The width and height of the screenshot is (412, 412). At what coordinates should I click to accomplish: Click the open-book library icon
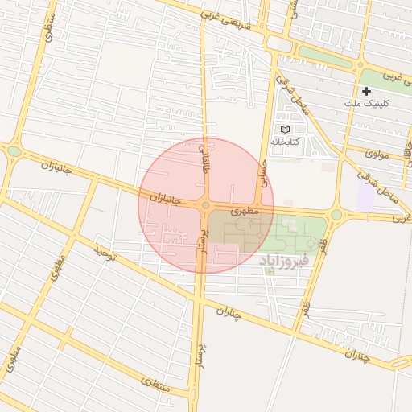click(284, 129)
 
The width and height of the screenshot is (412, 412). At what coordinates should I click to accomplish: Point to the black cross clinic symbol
click(366, 92)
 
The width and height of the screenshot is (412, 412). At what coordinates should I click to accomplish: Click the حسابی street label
click(261, 170)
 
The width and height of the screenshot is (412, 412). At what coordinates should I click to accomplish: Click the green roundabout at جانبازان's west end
click(14, 150)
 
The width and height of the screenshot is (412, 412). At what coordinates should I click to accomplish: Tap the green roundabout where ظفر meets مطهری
click(336, 215)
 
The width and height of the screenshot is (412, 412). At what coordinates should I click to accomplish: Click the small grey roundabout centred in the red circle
click(206, 207)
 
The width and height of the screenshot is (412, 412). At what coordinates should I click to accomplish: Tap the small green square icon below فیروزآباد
click(270, 271)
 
